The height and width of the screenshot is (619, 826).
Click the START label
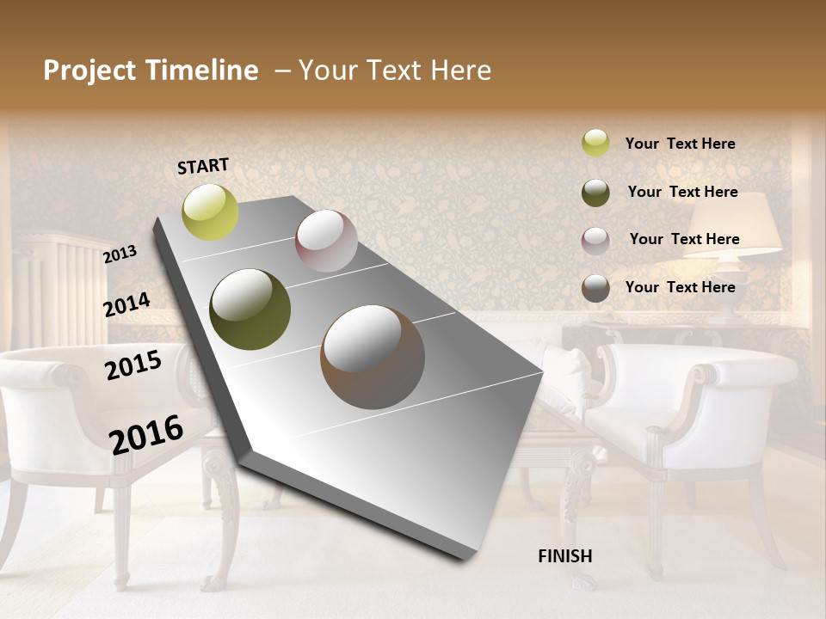[x=203, y=166]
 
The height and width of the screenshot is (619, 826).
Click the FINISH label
[x=564, y=556]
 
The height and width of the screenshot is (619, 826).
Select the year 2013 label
[x=120, y=254]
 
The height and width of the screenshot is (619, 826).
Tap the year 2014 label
[x=127, y=305]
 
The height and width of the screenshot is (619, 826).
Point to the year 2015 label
[x=133, y=365]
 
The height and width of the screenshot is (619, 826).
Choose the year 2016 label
[x=146, y=434]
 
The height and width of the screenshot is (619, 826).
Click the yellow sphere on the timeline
[x=210, y=211]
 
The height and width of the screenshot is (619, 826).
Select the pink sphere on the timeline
[x=326, y=241]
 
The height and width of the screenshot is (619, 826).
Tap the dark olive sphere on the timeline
[x=250, y=309]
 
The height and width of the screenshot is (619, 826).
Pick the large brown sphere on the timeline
[x=373, y=357]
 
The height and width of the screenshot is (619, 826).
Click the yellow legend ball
[x=595, y=143]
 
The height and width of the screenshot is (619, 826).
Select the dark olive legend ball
[x=595, y=193]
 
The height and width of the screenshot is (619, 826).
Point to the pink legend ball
[x=595, y=241]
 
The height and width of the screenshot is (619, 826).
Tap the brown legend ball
[x=595, y=288]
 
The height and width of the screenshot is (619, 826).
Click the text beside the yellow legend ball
[x=680, y=144]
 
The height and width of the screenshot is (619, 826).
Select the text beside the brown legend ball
[x=680, y=287]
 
